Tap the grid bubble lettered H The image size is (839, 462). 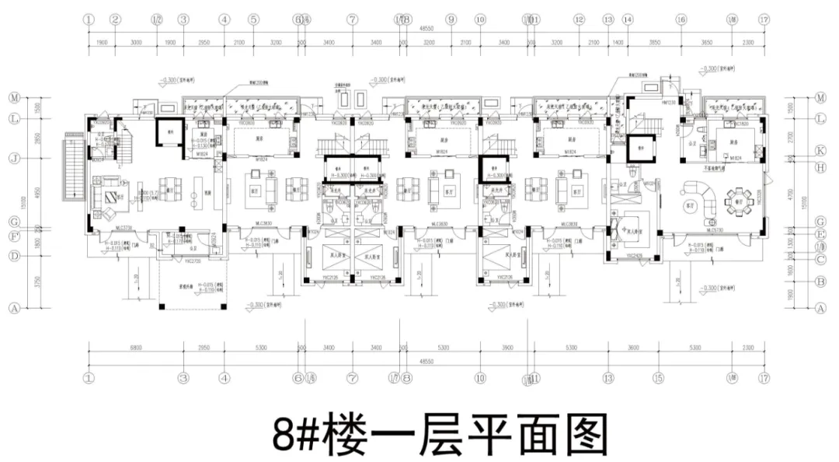(820, 166)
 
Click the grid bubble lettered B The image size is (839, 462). (820, 282)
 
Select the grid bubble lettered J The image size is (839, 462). (13, 158)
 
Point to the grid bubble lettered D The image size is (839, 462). (13, 255)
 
